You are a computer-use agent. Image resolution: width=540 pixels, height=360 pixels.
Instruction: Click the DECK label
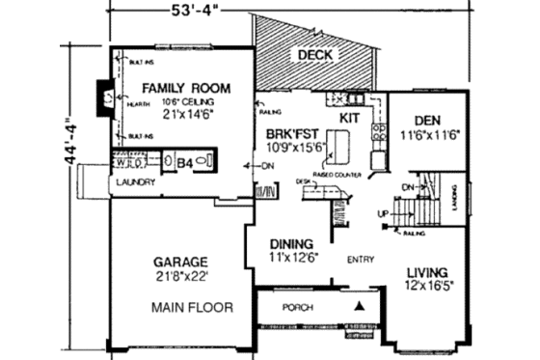[314, 55]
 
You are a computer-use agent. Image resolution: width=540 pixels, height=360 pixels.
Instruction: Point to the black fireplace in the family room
[101, 97]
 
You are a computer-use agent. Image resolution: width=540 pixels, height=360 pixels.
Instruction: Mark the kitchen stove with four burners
[379, 132]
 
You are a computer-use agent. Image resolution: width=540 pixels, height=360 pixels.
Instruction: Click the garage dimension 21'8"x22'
[181, 275]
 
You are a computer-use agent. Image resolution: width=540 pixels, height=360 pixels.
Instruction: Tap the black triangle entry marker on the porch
[361, 306]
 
